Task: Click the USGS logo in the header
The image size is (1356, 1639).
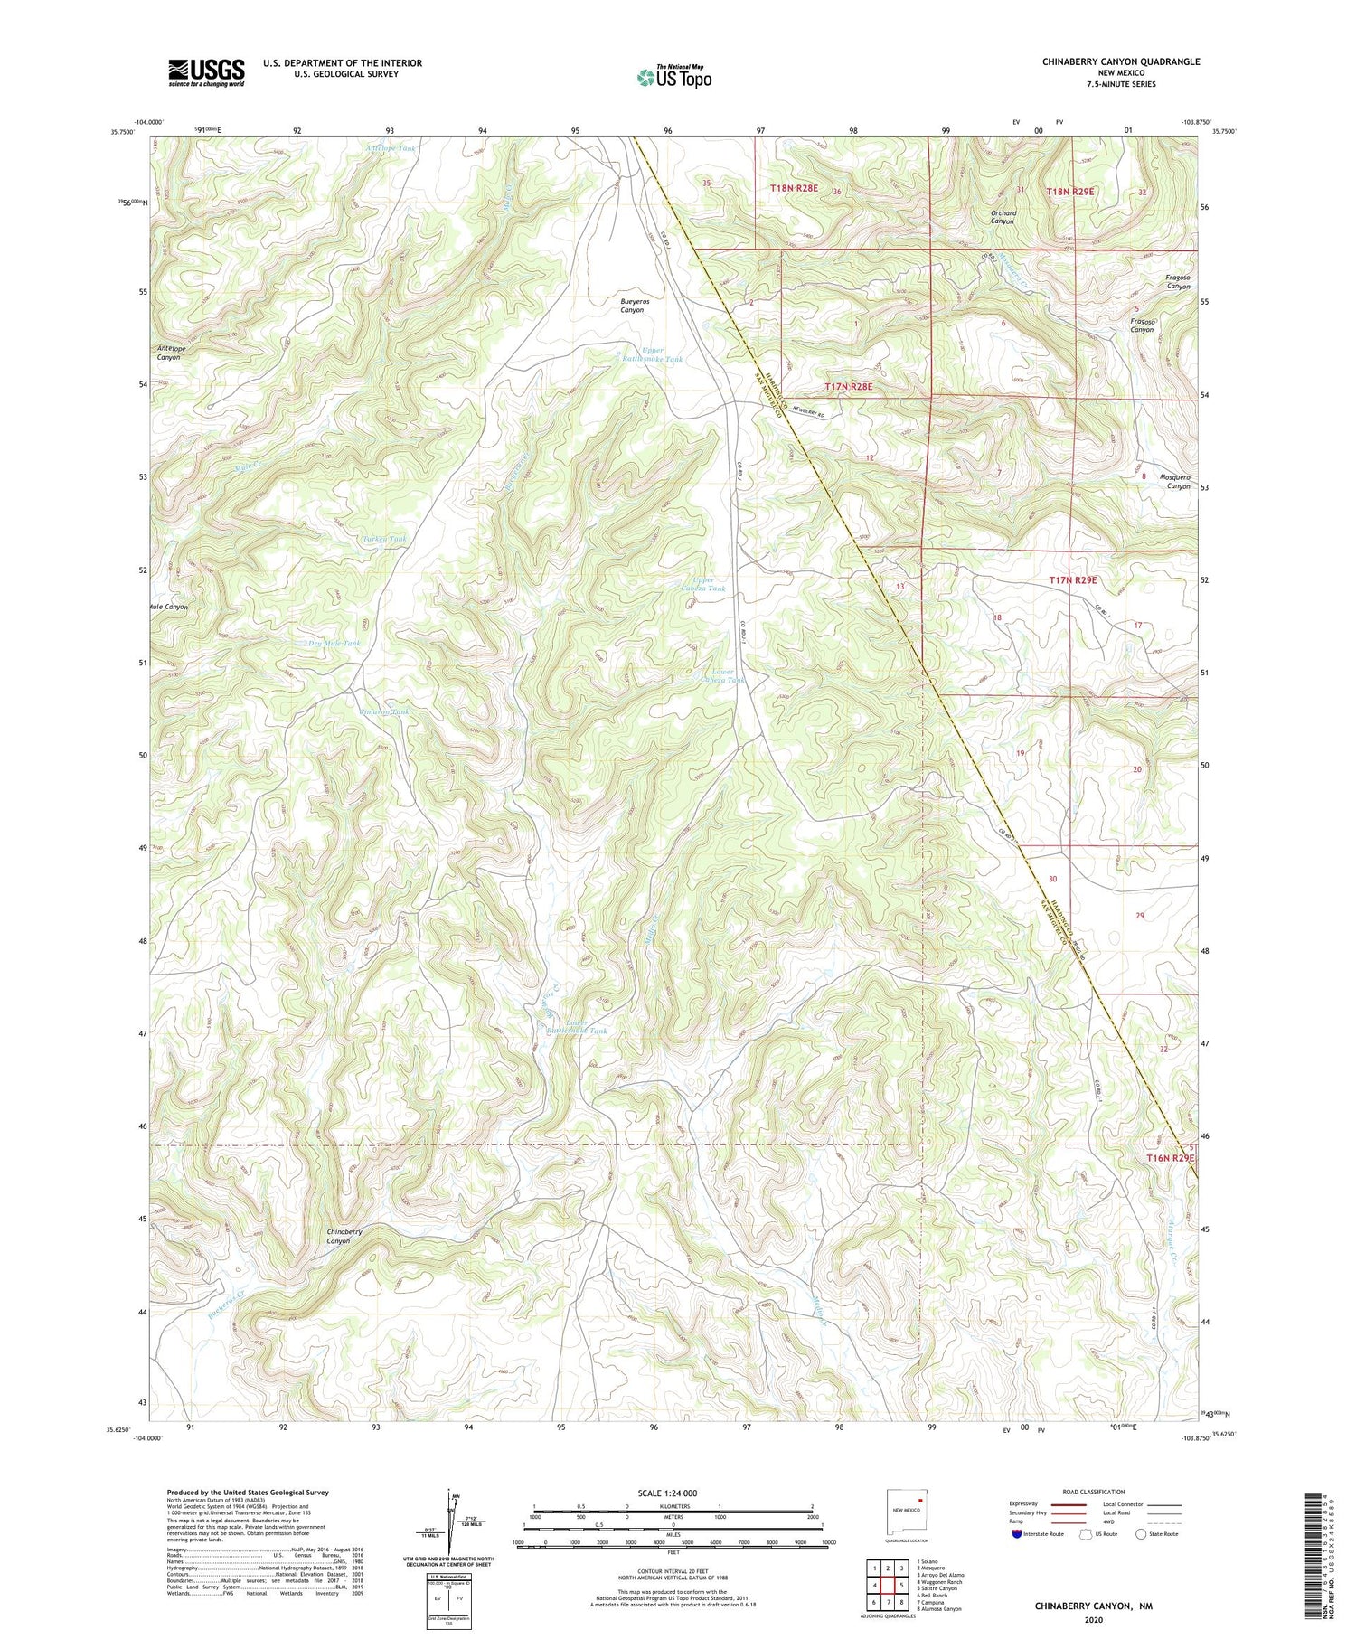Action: coord(206,72)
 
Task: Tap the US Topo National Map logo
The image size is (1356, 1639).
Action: coord(673,77)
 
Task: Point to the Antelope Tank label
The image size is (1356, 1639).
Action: coord(391,147)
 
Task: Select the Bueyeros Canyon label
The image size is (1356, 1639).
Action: coord(632,305)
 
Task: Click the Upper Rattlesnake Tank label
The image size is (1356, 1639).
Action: coord(650,354)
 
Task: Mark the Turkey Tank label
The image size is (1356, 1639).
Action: coord(384,539)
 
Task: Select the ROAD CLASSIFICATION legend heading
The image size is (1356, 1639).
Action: coord(1094,1492)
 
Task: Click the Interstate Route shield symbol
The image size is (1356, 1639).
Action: coord(1018,1534)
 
